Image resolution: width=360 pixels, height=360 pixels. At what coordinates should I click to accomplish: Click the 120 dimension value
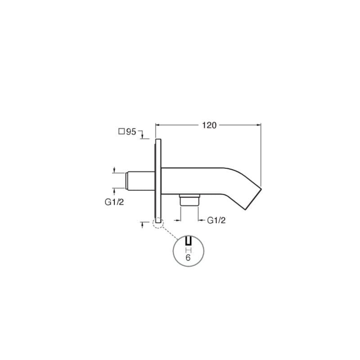(x=209, y=126)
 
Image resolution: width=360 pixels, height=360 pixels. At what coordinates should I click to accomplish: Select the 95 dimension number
(x=131, y=132)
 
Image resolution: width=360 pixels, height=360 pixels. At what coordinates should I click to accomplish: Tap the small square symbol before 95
(x=121, y=131)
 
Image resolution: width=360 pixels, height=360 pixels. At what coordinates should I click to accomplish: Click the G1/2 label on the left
(x=114, y=202)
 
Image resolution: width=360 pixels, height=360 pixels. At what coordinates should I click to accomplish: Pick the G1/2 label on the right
(x=216, y=220)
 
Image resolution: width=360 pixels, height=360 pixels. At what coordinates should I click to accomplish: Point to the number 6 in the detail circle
(x=188, y=258)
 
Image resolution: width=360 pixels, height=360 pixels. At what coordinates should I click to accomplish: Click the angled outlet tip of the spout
(x=253, y=199)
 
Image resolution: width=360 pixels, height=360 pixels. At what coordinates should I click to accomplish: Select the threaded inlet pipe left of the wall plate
(x=140, y=181)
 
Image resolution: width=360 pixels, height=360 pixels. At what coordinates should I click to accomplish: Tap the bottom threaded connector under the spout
(x=189, y=200)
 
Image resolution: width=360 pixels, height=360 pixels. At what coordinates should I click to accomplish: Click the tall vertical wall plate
(x=158, y=181)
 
